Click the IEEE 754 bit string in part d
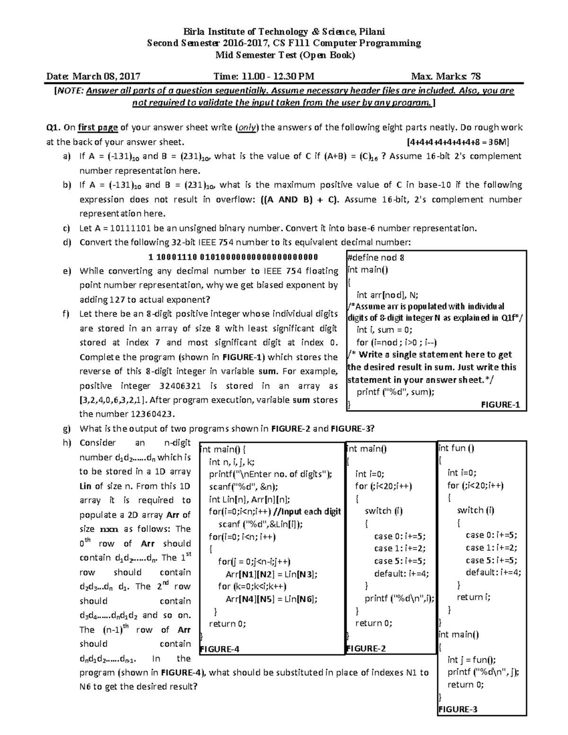[233, 257]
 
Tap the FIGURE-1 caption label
[500, 405]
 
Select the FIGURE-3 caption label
[458, 709]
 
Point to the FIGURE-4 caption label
[220, 649]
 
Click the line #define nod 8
[375, 257]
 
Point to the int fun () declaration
[456, 448]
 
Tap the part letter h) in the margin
[66, 443]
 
